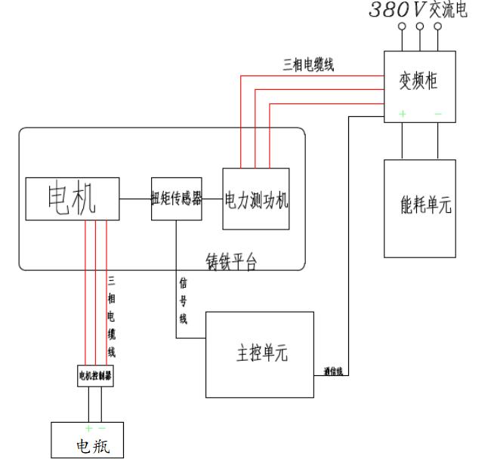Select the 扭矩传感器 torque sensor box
point(177,198)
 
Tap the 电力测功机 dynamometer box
point(256,199)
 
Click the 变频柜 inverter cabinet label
point(420,79)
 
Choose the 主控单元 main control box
point(261,353)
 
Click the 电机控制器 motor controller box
point(96,375)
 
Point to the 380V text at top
point(397,11)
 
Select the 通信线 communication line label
point(333,371)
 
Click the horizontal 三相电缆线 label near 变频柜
point(307,64)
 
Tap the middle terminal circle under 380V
point(420,26)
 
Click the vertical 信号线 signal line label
point(183,300)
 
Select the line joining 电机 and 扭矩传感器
point(135,199)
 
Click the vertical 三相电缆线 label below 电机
point(112,316)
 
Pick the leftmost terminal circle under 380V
point(402,26)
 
